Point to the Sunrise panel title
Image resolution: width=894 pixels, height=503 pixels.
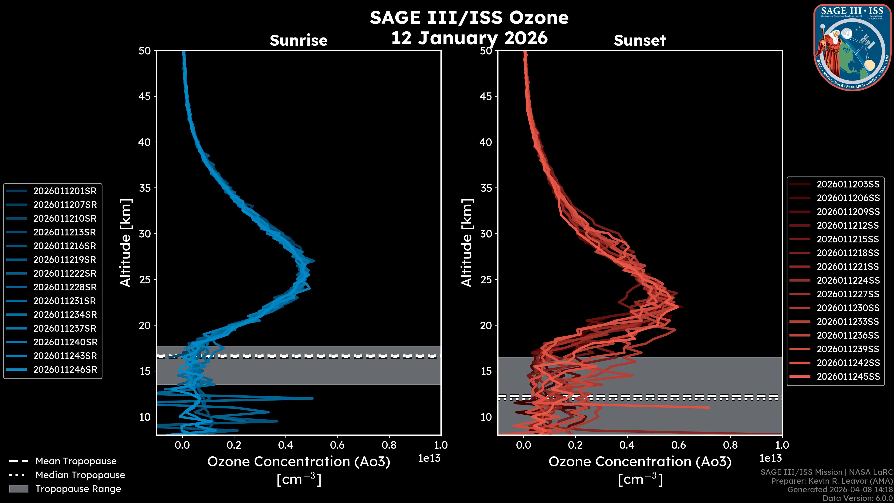click(x=298, y=41)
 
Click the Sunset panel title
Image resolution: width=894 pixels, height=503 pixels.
click(x=640, y=41)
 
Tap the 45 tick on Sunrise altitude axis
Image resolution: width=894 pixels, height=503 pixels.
click(x=145, y=96)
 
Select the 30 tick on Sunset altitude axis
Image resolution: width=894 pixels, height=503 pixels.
click(x=486, y=234)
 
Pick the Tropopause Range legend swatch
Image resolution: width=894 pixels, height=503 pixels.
click(x=19, y=489)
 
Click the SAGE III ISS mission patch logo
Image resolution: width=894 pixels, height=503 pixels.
click(x=852, y=47)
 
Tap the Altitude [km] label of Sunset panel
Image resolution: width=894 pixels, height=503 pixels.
click(x=467, y=243)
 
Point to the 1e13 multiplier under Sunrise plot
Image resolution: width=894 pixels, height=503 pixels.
click(x=429, y=458)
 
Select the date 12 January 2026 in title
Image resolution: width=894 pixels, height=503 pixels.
click(x=469, y=38)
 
